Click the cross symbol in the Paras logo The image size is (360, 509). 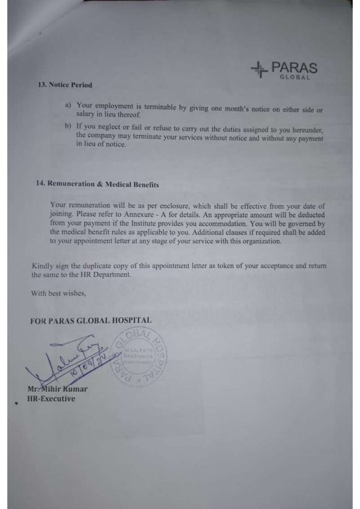pyautogui.click(x=259, y=70)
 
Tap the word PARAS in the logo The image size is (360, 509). pyautogui.click(x=294, y=68)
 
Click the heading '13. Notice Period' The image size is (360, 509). pyautogui.click(x=65, y=85)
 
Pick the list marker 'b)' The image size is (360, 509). pyautogui.click(x=69, y=127)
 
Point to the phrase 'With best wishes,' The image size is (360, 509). pyautogui.click(x=58, y=293)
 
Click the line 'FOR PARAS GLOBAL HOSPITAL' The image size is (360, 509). pyautogui.click(x=90, y=321)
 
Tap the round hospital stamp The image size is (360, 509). pyautogui.click(x=139, y=356)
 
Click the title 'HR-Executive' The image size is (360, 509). pyautogui.click(x=51, y=399)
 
